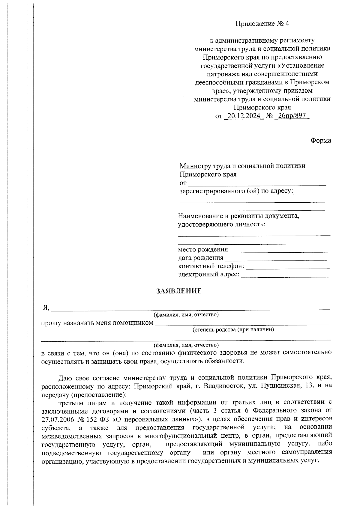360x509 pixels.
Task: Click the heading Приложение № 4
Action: click(x=262, y=24)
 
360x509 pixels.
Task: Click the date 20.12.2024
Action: click(x=244, y=116)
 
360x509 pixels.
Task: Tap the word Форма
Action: click(x=321, y=141)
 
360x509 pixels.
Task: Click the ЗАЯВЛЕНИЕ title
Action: click(x=178, y=291)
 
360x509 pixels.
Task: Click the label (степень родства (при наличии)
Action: click(x=233, y=330)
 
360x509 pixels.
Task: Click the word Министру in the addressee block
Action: click(x=195, y=166)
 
